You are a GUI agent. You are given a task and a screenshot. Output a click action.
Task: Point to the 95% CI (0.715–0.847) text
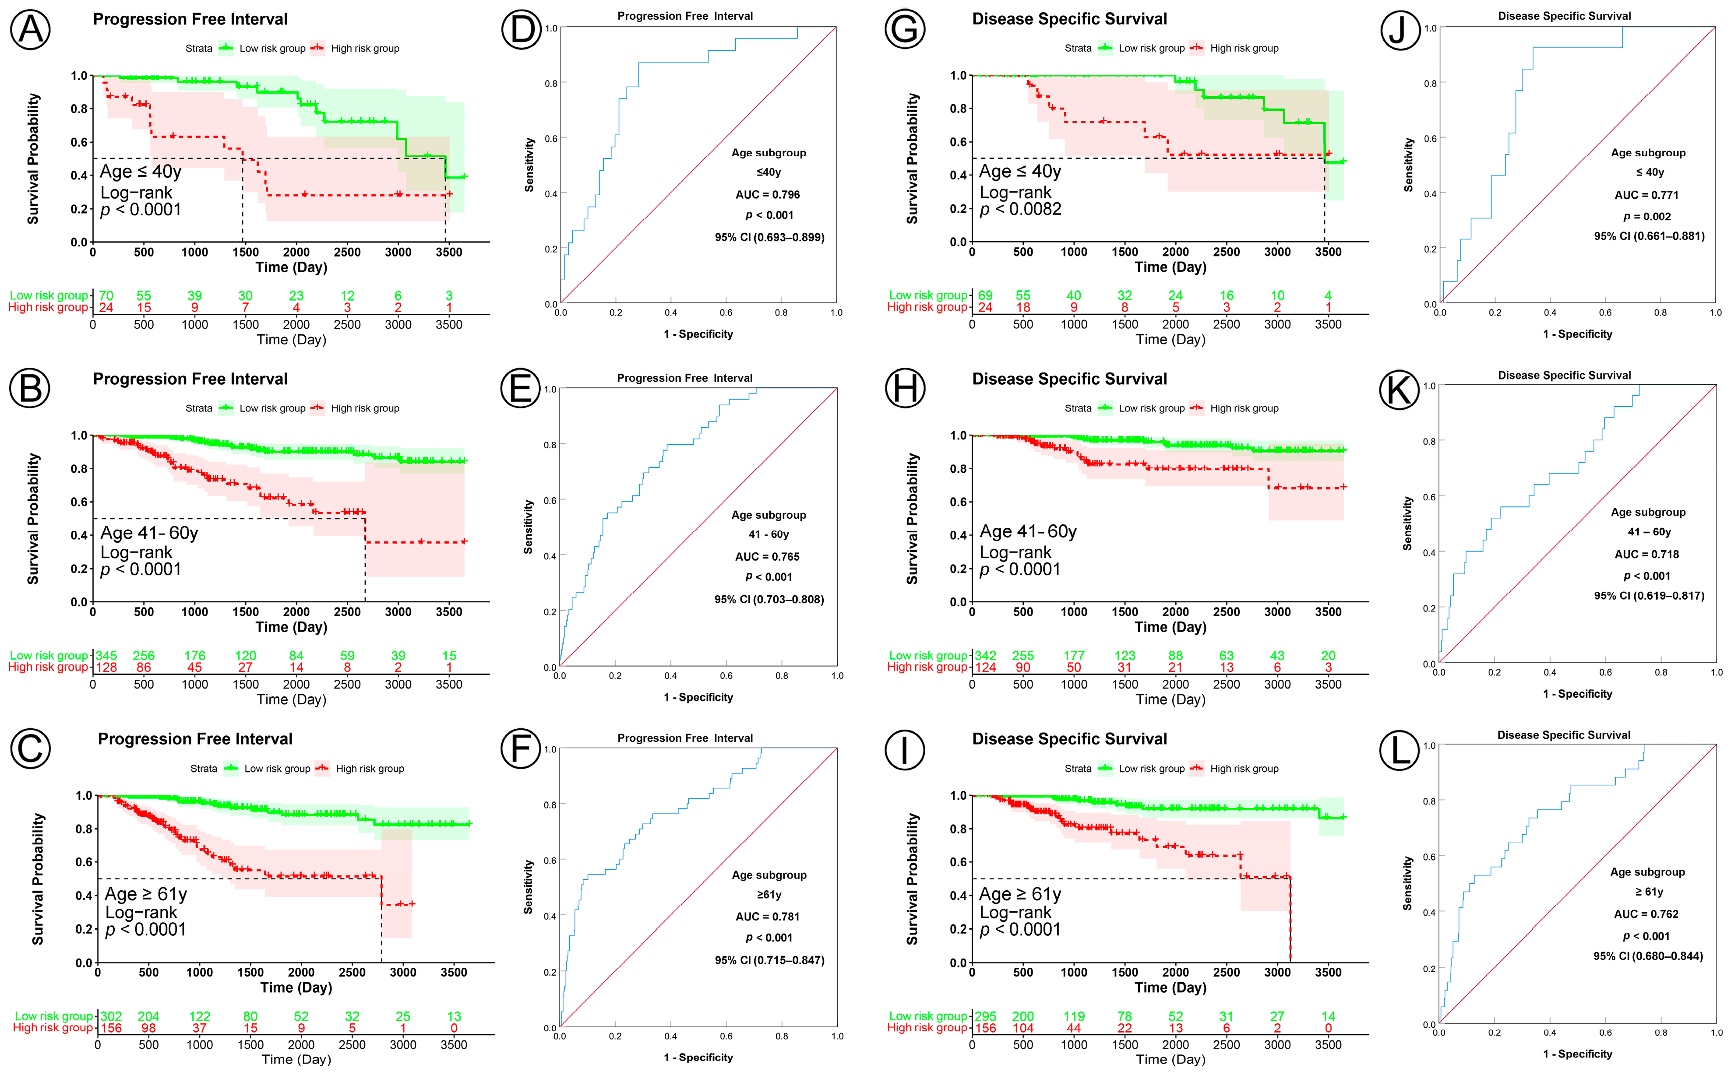click(x=769, y=960)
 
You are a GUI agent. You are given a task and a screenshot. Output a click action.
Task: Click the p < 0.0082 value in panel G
click(x=1021, y=210)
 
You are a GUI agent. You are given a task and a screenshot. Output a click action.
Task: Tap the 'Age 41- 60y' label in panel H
click(x=1028, y=532)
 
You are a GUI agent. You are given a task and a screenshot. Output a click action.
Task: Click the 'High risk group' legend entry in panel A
click(x=365, y=48)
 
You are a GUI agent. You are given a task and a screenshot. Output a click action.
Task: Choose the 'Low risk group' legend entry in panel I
click(x=1151, y=769)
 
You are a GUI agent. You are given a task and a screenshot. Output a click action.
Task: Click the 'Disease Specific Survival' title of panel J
click(x=1564, y=16)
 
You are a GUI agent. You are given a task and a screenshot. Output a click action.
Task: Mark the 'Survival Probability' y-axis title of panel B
click(x=33, y=519)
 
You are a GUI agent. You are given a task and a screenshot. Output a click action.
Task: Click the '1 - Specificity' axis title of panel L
click(x=1577, y=1054)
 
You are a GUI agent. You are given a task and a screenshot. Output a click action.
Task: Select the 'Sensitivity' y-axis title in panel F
click(x=529, y=887)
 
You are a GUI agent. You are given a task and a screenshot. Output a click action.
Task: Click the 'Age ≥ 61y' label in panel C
click(x=146, y=894)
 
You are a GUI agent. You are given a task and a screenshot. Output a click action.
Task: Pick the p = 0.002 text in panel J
click(x=1646, y=217)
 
